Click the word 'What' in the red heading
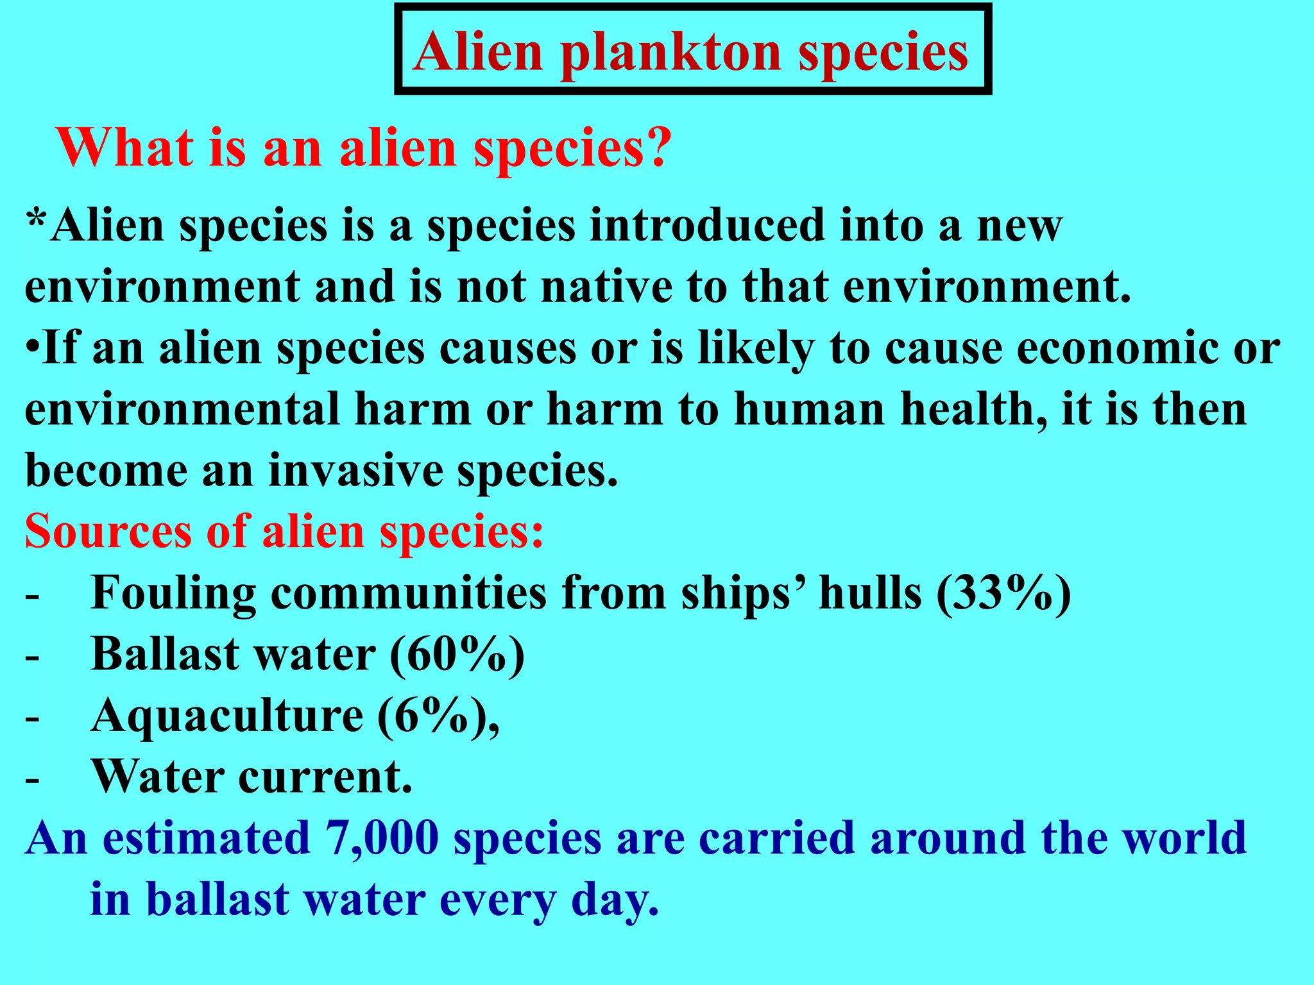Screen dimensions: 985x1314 [x=125, y=147]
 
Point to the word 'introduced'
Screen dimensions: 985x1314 [x=706, y=226]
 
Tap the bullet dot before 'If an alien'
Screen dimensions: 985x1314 [x=33, y=348]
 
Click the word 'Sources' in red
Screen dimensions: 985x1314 [x=108, y=532]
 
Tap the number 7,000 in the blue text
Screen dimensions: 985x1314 [x=382, y=838]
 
